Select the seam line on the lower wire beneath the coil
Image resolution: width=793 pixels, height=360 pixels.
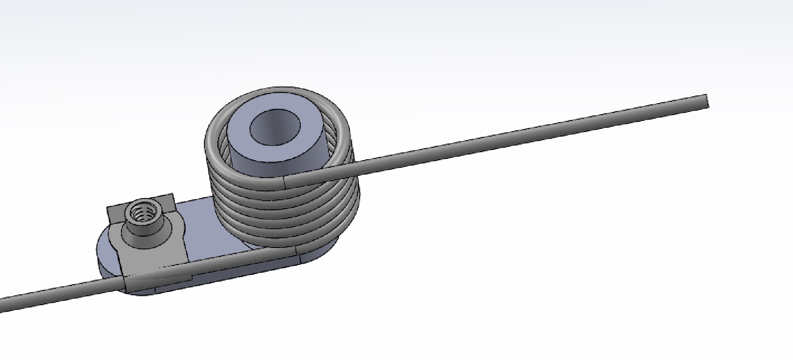coord(296,252)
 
